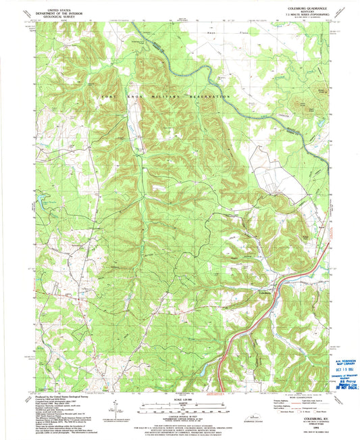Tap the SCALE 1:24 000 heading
pyautogui.click(x=180, y=399)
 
